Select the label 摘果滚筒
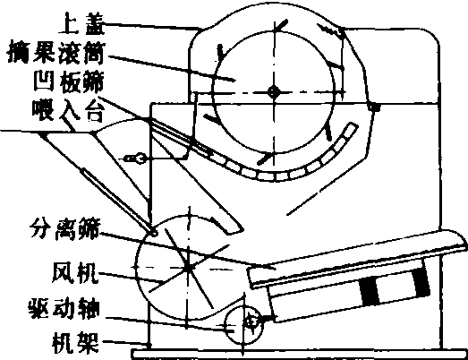pyautogui.click(x=55, y=54)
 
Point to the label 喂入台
pyautogui.click(x=68, y=109)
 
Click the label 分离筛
pyautogui.click(x=65, y=229)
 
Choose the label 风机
pyautogui.click(x=75, y=272)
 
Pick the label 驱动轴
pyautogui.click(x=64, y=308)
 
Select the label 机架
pyautogui.click(x=75, y=342)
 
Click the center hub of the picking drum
pyautogui.click(x=274, y=91)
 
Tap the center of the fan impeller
pyautogui.click(x=188, y=267)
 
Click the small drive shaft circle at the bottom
pyautogui.click(x=243, y=324)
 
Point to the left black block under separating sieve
pyautogui.click(x=370, y=291)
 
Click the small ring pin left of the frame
pyautogui.click(x=139, y=158)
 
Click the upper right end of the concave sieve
pyautogui.click(x=353, y=126)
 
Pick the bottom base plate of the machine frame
pyautogui.click(x=300, y=354)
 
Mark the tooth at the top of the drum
pyautogui.click(x=281, y=25)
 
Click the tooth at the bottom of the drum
pyautogui.click(x=265, y=159)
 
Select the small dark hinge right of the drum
pyautogui.click(x=375, y=107)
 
